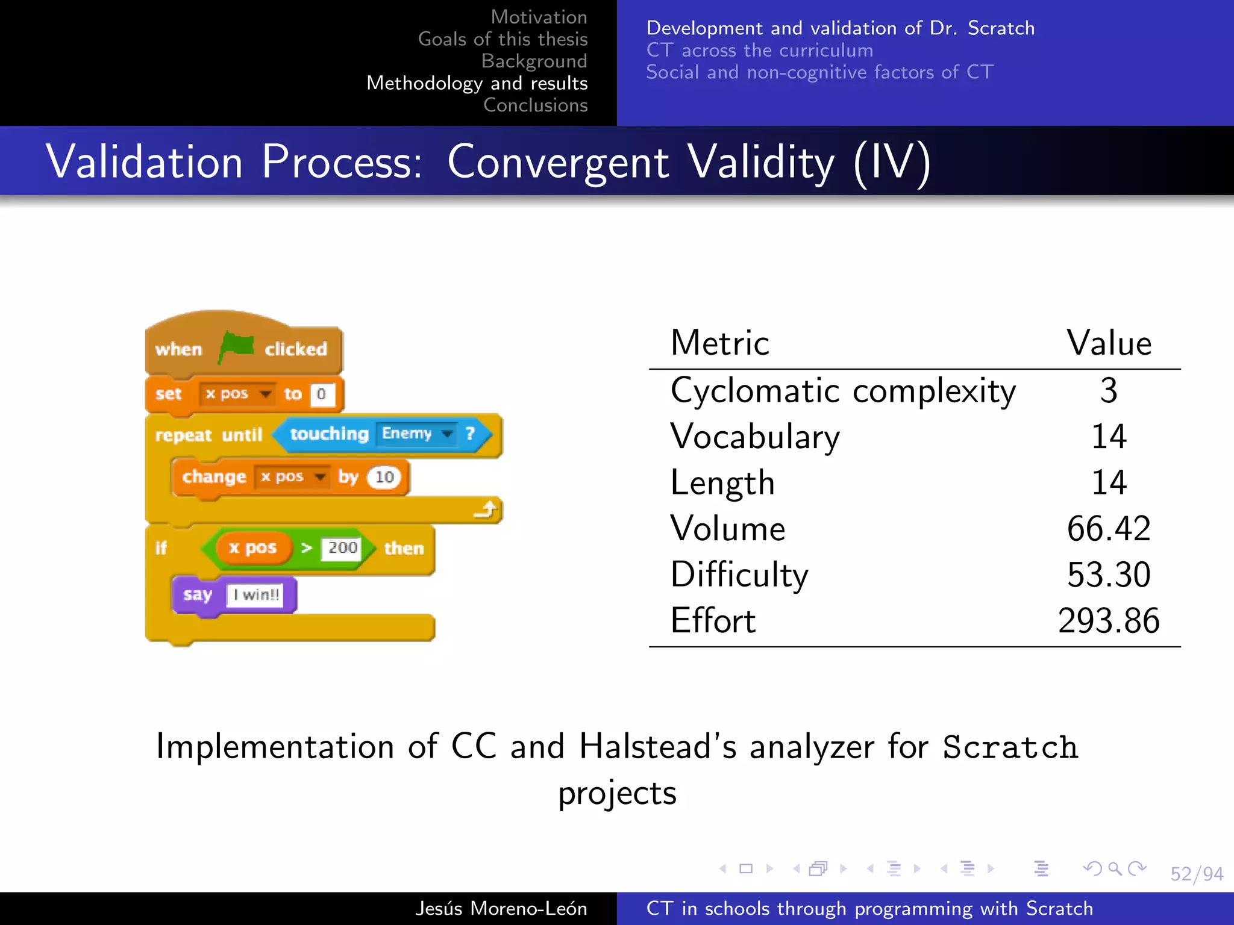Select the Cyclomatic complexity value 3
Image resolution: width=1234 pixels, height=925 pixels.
1108,390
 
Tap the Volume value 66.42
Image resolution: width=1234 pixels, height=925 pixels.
1108,529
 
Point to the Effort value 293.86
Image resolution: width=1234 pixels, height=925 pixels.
1108,621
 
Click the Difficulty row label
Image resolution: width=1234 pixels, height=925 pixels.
739,575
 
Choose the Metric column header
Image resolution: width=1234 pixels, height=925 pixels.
719,343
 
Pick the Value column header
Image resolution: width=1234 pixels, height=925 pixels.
1108,343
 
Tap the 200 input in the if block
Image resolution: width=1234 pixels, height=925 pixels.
342,548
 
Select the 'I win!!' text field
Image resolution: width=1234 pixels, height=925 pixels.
255,595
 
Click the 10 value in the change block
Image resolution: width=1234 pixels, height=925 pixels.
384,478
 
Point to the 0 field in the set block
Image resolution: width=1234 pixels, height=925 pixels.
321,394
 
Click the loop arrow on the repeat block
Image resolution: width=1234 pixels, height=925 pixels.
485,511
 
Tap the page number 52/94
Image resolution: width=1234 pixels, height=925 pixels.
1196,874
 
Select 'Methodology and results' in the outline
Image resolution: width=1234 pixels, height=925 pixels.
477,83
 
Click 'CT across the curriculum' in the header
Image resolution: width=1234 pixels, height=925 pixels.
759,50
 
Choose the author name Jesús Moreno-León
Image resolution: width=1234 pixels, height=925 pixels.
501,908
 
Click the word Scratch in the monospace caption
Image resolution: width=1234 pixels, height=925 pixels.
1010,747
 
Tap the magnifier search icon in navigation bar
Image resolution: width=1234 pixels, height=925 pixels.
1115,868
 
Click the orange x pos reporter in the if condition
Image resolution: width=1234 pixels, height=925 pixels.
252,548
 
